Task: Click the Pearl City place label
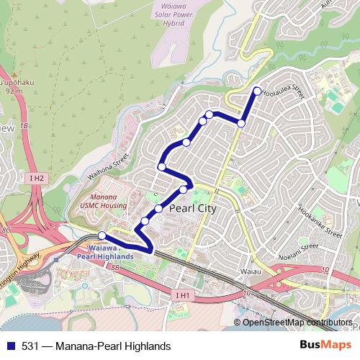(192, 208)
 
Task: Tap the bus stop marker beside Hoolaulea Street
(257, 91)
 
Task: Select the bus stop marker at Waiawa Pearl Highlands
(102, 235)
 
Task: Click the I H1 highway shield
(182, 294)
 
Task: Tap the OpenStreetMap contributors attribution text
(297, 323)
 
